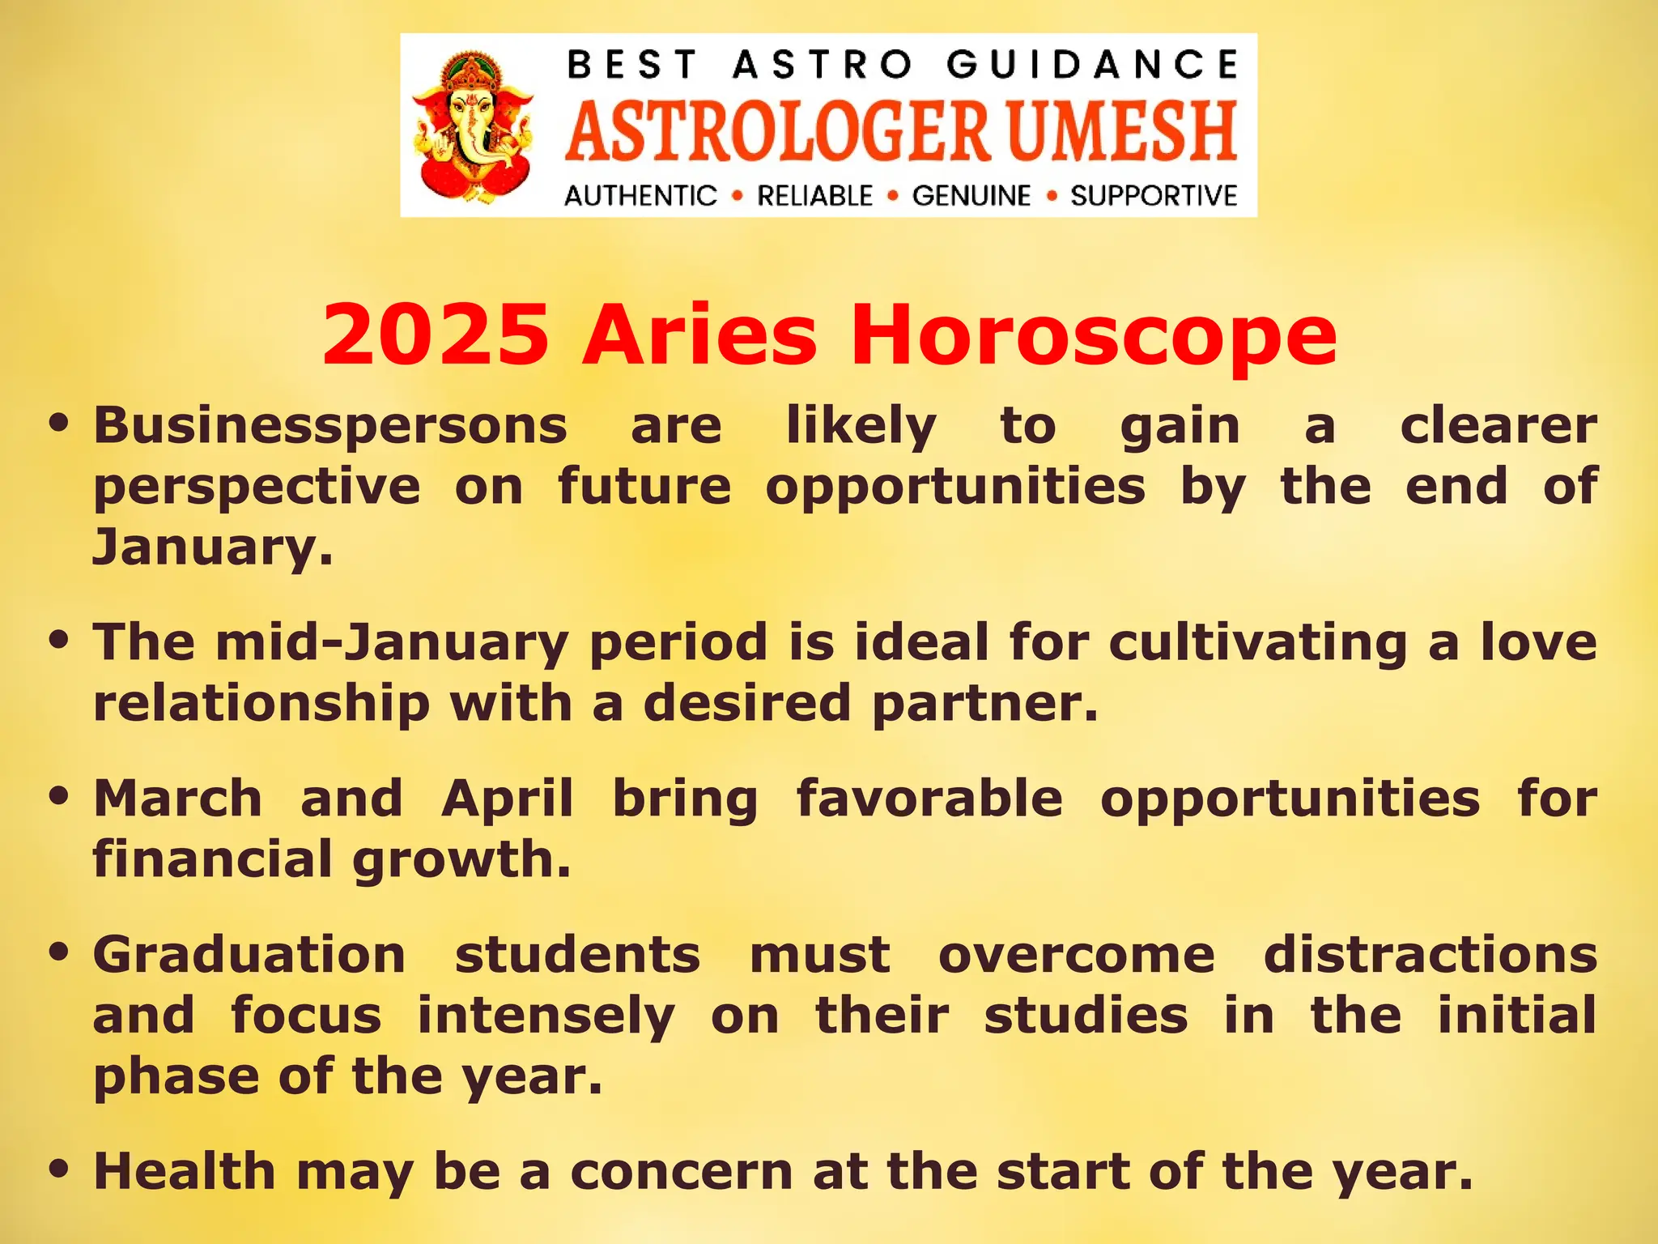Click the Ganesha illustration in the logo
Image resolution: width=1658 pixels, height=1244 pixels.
474,126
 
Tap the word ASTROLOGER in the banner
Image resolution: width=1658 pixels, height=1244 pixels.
777,131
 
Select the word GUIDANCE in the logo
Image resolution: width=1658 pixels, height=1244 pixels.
1093,65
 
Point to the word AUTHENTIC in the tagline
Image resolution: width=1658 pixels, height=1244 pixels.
640,196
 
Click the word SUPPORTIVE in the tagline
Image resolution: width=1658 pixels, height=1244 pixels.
1154,196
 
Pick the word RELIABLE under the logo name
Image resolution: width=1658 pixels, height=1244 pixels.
814,196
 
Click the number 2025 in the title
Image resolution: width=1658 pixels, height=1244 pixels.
436,334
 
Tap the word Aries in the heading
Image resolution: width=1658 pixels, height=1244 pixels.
699,334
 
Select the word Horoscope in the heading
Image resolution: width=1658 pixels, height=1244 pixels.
1093,334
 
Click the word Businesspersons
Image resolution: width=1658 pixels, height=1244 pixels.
330,426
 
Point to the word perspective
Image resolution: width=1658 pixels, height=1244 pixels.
257,487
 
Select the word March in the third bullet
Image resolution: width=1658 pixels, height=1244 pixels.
178,799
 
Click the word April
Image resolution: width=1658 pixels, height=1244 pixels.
508,799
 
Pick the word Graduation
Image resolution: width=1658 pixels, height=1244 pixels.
249,955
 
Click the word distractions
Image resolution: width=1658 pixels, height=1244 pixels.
1430,955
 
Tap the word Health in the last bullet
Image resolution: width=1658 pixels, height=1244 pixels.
185,1171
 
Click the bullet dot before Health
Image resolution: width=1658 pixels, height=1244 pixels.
57,1169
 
